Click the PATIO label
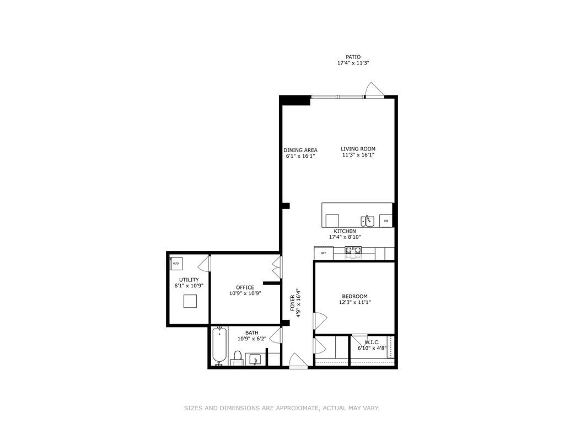tap(353, 57)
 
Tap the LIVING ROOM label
tap(358, 149)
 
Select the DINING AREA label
tap(300, 151)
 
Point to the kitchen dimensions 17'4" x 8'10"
tap(345, 237)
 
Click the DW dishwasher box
tap(386, 221)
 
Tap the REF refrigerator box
tap(324, 253)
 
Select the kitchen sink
tap(368, 221)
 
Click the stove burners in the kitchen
tap(353, 253)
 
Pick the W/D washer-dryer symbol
tap(176, 263)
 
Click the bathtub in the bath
tap(219, 346)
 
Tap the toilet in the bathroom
tap(237, 358)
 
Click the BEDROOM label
tap(354, 296)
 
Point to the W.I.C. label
tap(372, 342)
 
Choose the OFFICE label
tap(245, 287)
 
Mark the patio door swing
tap(374, 90)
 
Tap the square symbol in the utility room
tap(190, 301)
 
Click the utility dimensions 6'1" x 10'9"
tap(189, 286)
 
